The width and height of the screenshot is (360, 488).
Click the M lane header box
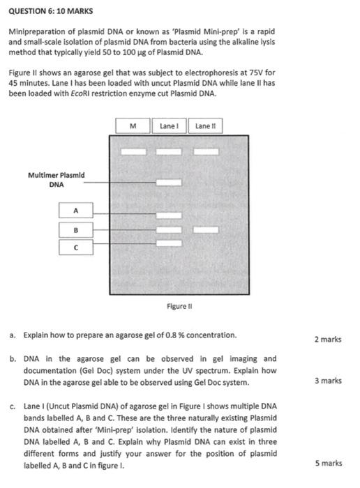(135, 126)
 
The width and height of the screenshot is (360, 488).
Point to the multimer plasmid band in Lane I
(167, 183)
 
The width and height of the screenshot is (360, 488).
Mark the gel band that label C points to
(167, 243)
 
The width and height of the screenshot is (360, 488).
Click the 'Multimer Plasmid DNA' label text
(57, 180)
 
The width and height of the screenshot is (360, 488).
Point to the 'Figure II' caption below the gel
(179, 306)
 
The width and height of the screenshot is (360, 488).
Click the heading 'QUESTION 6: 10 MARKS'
(51, 12)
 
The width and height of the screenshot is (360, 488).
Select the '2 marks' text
(327, 340)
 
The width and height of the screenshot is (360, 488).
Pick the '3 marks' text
(327, 381)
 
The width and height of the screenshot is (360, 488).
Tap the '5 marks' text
(327, 463)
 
